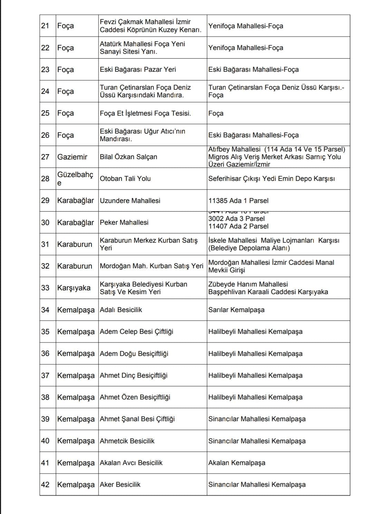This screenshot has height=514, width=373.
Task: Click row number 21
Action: point(45,26)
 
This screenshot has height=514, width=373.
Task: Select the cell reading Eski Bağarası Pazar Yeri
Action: point(138,69)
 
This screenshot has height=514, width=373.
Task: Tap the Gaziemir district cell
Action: point(72,157)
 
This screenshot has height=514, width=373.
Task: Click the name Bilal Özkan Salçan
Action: point(128,157)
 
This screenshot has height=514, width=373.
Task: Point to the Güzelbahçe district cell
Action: point(75,178)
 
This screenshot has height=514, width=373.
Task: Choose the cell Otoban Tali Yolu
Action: point(125,178)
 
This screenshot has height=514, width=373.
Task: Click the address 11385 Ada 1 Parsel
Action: point(238,201)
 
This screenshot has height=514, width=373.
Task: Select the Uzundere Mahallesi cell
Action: point(130,201)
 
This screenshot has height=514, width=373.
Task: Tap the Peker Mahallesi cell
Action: point(124,222)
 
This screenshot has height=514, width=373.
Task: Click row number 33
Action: point(45,288)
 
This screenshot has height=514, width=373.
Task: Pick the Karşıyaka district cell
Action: point(74,288)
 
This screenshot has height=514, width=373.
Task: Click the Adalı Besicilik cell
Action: point(121,310)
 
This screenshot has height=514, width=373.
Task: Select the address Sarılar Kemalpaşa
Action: point(236,310)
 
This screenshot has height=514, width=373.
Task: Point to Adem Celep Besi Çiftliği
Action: point(136,331)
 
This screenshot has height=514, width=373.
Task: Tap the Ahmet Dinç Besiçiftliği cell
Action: point(134,375)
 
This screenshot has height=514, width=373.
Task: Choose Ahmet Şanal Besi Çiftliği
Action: point(137,419)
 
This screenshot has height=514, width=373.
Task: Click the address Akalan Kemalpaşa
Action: point(237,463)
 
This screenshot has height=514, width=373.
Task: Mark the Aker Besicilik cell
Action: point(120,484)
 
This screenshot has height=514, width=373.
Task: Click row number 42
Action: point(45,484)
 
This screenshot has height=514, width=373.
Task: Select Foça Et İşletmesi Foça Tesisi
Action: point(145,113)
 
